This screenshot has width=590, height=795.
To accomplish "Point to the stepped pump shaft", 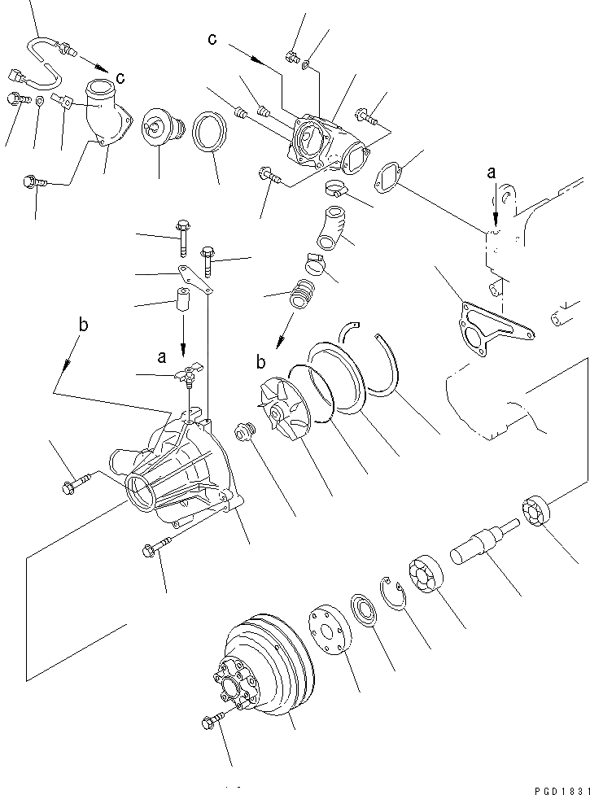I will [x=485, y=540].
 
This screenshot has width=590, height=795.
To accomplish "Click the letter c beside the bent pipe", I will [x=120, y=78].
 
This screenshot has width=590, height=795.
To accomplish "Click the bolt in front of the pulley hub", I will [x=211, y=721].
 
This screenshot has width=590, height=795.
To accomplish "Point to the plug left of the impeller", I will [x=243, y=431].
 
